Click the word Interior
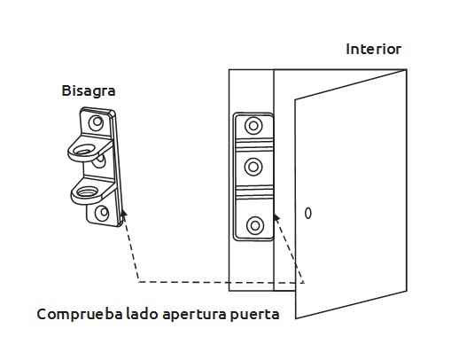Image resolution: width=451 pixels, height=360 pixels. (373, 49)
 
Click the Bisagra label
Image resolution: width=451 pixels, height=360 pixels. (89, 90)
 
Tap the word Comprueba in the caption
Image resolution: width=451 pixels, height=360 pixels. (80, 314)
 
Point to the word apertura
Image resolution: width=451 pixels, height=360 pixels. (194, 315)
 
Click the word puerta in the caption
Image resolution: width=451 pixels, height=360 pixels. (254, 315)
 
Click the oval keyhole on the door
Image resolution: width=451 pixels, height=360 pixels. (307, 213)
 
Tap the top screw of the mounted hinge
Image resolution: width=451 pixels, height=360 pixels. (253, 126)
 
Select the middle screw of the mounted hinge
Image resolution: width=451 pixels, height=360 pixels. (253, 167)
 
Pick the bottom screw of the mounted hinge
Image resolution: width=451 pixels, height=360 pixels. (255, 226)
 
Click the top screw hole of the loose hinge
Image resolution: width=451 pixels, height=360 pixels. (96, 122)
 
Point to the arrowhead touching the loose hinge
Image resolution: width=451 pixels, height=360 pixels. (124, 215)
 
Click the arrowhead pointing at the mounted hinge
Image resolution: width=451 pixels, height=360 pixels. (276, 218)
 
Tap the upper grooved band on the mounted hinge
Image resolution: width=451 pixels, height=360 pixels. (254, 144)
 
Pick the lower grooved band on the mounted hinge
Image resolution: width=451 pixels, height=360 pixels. (254, 192)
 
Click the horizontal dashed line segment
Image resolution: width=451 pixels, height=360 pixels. (222, 282)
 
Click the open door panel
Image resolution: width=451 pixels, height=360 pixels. (351, 194)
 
